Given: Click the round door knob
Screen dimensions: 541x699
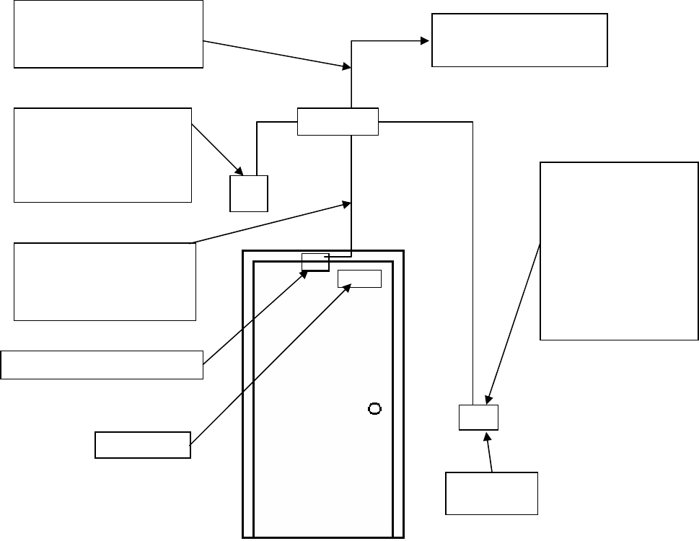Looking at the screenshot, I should tap(374, 409).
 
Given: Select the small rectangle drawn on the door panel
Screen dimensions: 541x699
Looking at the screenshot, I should tap(359, 278).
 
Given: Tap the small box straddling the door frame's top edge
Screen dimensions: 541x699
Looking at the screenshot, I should tap(315, 262).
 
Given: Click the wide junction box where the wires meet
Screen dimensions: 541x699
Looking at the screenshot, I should tap(338, 121).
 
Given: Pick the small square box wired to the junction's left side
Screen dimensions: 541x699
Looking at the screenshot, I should tap(248, 193).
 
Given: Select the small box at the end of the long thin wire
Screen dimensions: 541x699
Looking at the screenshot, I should tap(478, 418).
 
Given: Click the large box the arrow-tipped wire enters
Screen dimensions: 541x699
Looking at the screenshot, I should tap(519, 40).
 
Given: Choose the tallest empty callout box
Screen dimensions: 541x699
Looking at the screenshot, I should tap(619, 250).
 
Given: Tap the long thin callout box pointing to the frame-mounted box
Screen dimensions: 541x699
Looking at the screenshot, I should tap(102, 364).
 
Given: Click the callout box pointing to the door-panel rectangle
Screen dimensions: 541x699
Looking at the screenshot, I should tap(143, 444).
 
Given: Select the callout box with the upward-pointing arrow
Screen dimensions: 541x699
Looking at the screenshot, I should tap(492, 493).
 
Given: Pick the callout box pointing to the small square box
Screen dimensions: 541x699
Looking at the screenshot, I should tap(102, 155).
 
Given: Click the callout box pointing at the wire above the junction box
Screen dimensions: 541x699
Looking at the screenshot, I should tap(108, 35).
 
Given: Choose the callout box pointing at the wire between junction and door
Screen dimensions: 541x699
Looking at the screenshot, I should tap(105, 281).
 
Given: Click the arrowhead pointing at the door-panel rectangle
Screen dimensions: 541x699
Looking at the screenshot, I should tap(348, 286).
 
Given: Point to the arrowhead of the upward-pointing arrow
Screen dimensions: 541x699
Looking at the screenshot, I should tap(488, 436).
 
